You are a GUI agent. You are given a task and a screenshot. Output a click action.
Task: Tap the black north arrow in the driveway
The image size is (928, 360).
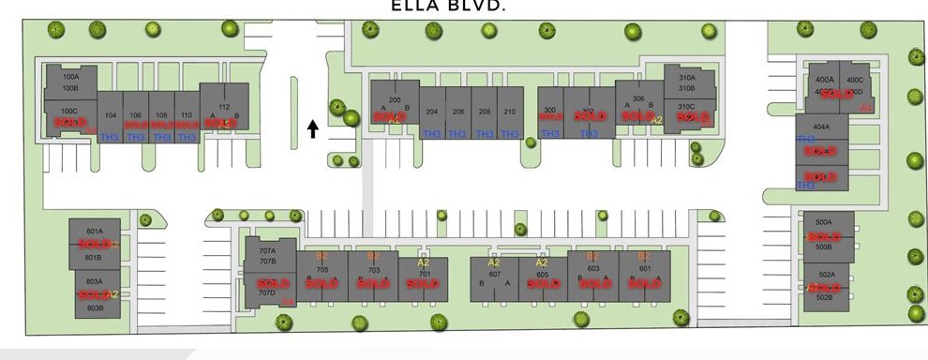[313, 128]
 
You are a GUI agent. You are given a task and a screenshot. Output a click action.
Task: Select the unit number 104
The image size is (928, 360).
[111, 114]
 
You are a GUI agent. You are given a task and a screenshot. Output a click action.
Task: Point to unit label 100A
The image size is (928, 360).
[69, 77]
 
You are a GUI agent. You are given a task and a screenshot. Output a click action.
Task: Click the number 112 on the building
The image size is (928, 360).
[224, 107]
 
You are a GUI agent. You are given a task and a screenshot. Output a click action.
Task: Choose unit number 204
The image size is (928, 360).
[432, 111]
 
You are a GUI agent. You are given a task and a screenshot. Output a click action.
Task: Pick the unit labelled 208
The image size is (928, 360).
[484, 111]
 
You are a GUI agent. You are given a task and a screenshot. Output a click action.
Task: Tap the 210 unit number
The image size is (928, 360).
[510, 111]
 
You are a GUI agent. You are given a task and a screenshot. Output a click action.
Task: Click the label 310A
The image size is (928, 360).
[686, 78]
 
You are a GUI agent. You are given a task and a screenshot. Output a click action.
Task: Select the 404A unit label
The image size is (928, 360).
[821, 126]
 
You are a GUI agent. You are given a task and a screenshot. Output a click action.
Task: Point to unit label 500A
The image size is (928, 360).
[824, 222]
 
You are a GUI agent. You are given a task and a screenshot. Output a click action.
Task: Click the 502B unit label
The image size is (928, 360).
[824, 297]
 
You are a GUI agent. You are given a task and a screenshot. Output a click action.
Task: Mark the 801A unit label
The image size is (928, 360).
[94, 231]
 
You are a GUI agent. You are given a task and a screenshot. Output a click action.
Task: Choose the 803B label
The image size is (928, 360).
[94, 307]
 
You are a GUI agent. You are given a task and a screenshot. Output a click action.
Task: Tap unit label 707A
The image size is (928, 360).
[267, 250]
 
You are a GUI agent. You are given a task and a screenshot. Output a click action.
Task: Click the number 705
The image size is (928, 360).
[322, 269]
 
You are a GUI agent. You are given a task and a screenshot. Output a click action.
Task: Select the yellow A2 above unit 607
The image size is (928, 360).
[493, 263]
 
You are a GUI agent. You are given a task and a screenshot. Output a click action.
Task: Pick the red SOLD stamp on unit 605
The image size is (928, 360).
[543, 284]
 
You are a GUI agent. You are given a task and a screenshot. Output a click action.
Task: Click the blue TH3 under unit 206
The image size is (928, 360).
[457, 134]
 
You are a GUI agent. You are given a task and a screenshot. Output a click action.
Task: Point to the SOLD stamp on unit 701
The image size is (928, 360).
[425, 284]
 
